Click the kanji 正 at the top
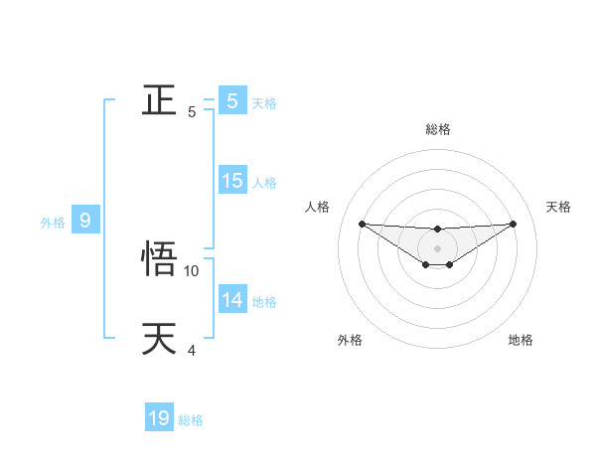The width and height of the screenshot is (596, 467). pos(159,100)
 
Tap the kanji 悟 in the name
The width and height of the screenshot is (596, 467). pos(159,258)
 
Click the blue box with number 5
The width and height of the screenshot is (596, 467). pos(232,100)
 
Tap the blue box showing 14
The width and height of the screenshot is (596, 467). pos(232,299)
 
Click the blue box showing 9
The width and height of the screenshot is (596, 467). pos(85,221)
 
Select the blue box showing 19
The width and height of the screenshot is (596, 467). pos(159,418)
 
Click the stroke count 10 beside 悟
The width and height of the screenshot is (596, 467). pos(192,270)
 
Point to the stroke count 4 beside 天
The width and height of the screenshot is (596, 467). pos(192,350)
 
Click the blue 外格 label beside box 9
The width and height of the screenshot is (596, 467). pos(53,223)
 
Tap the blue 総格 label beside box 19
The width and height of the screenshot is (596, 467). pos(191,420)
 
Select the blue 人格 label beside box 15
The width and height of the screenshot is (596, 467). pos(264,183)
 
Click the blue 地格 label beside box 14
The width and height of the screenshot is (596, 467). pos(264,302)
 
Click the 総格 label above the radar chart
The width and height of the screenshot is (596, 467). pos(437,129)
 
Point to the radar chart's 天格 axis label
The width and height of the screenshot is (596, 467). pos(559,207)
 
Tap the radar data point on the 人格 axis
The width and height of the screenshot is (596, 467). pos(362,224)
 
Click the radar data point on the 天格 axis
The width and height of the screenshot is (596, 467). pos(514,224)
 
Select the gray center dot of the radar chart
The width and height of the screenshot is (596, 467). pos(437,248)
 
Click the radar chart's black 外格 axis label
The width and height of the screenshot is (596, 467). pos(350,340)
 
